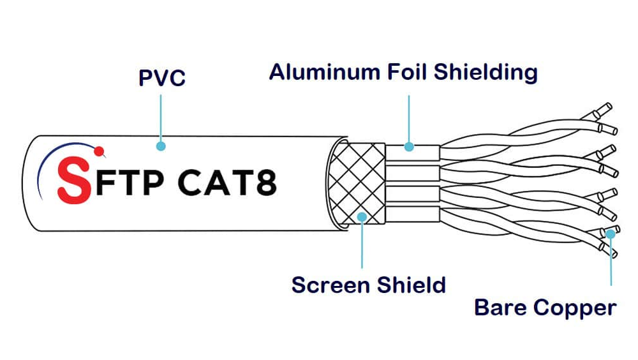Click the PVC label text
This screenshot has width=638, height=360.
click(x=161, y=78)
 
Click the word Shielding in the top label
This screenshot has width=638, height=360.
click(x=486, y=71)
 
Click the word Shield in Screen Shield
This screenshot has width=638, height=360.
click(x=411, y=284)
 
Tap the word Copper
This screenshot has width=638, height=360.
click(x=575, y=308)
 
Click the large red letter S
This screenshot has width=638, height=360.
click(x=72, y=181)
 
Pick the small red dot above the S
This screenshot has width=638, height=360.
click(x=99, y=151)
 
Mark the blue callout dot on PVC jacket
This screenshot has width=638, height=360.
click(x=161, y=146)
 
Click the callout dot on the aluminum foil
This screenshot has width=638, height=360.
click(x=409, y=147)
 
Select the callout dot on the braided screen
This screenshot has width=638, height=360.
click(x=362, y=217)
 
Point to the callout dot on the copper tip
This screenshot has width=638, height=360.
click(x=611, y=233)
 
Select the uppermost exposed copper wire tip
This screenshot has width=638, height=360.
click(x=602, y=110)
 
